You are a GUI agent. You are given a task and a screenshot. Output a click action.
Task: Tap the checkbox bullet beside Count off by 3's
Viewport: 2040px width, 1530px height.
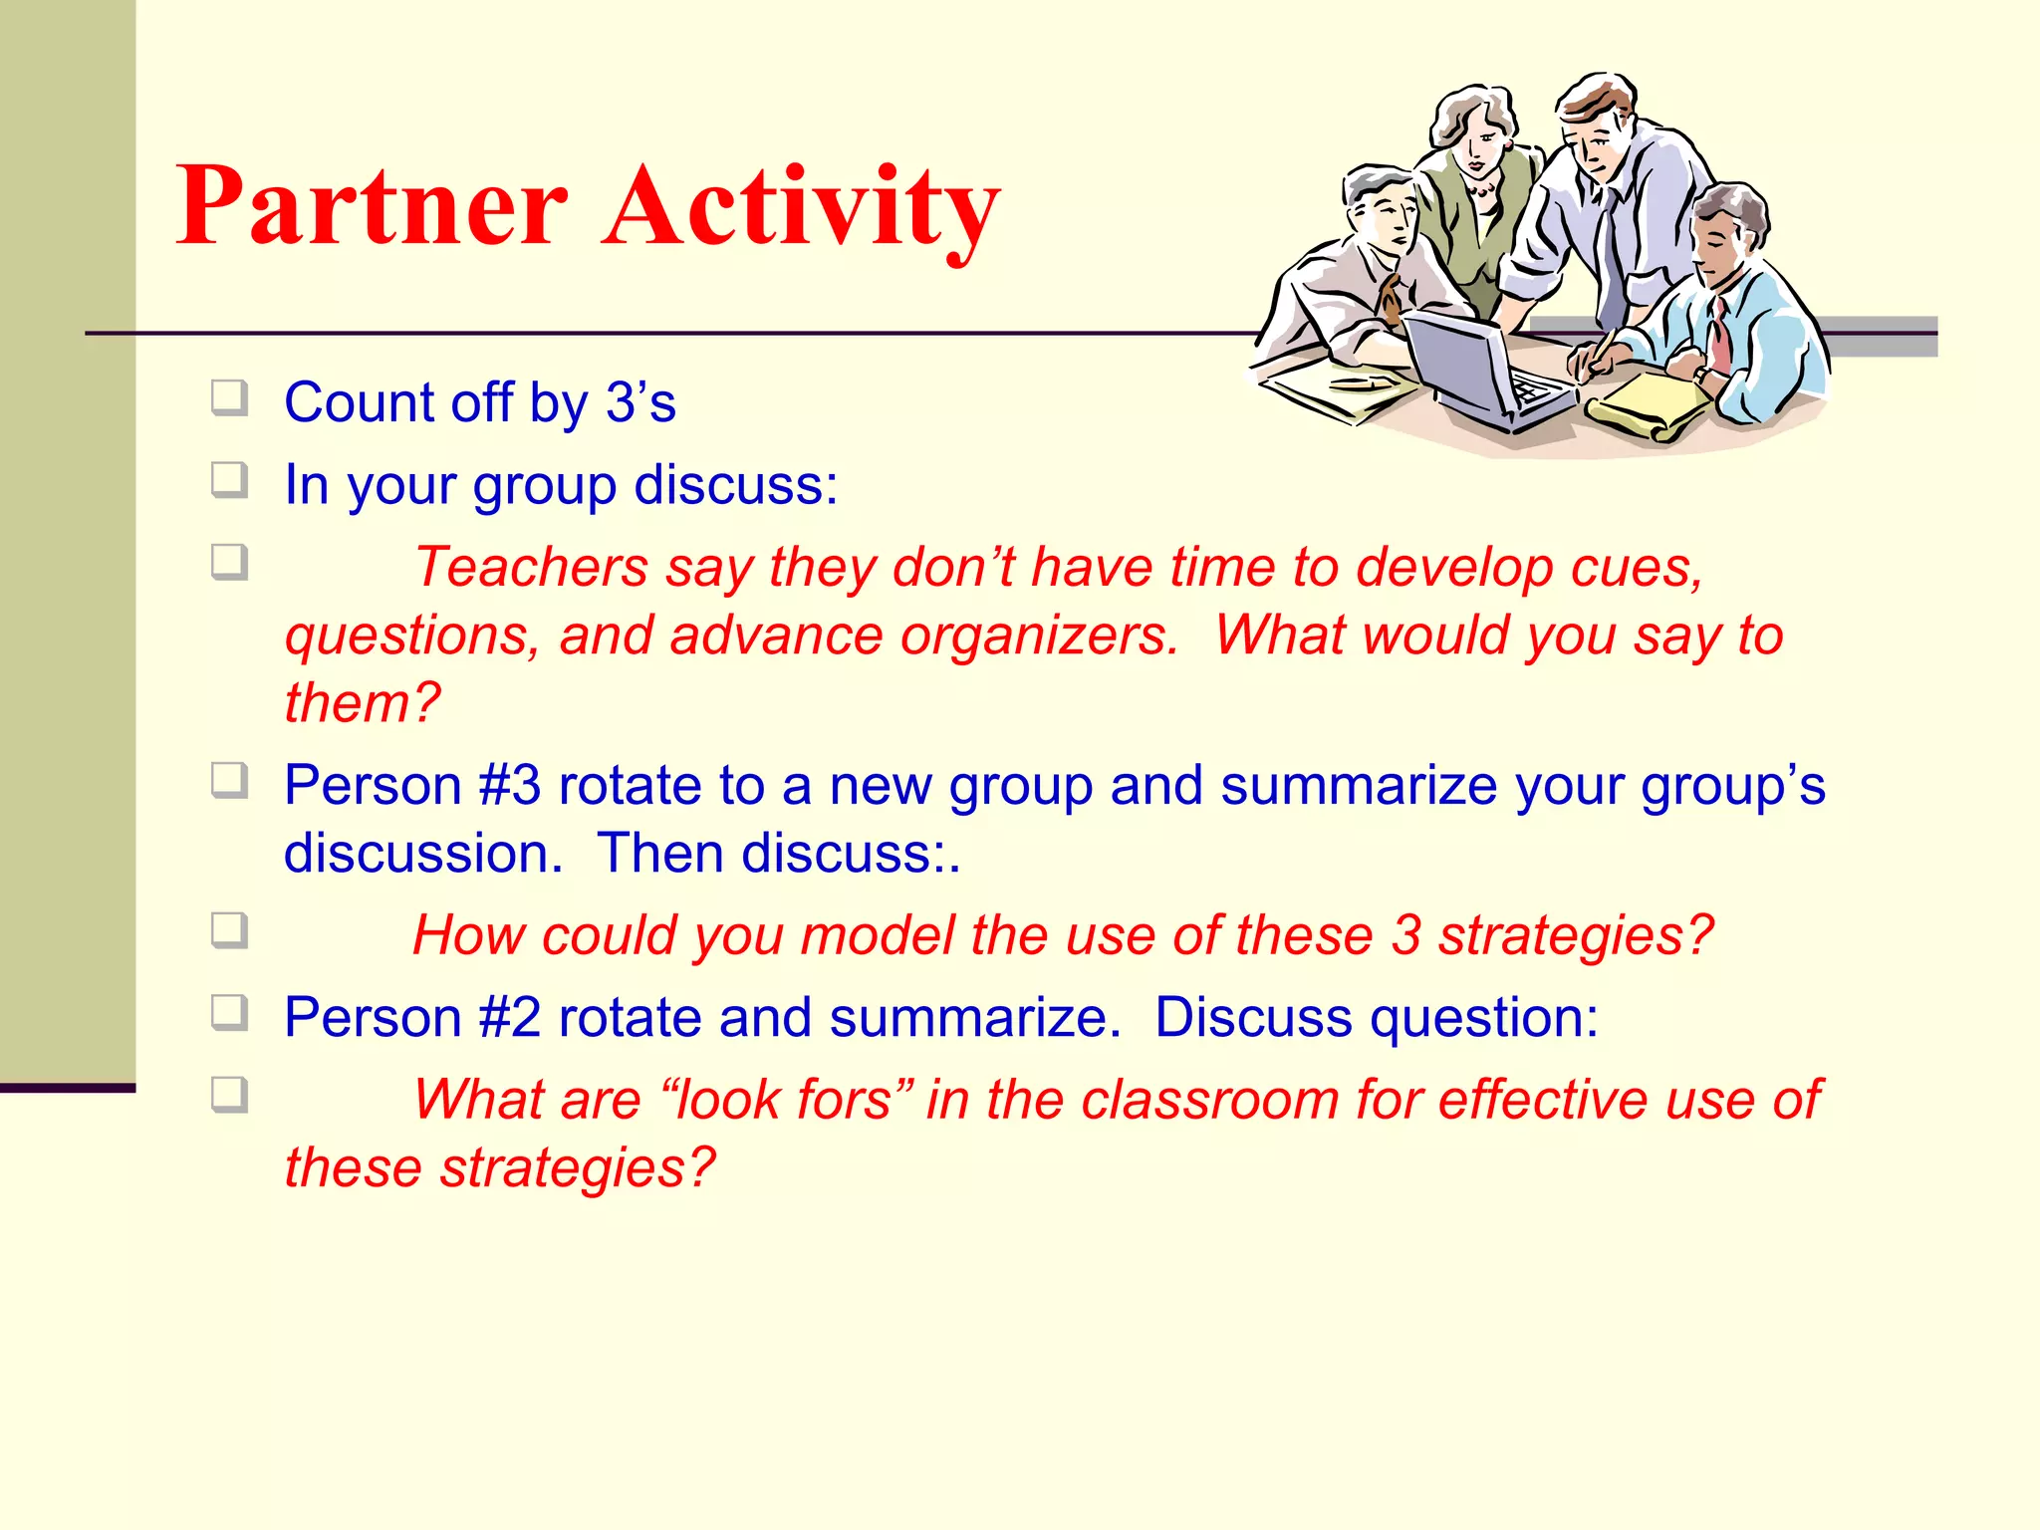tap(229, 399)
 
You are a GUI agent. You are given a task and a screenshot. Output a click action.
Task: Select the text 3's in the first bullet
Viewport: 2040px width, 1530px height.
tap(640, 402)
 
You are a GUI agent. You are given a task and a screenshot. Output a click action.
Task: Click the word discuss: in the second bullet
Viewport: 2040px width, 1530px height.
tap(736, 485)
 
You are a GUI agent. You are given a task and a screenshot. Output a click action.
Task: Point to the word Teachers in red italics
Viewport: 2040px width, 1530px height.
tap(530, 567)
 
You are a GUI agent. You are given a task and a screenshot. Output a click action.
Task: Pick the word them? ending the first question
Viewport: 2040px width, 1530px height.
tap(362, 703)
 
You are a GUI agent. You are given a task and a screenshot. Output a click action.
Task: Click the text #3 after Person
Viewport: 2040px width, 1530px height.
tap(509, 785)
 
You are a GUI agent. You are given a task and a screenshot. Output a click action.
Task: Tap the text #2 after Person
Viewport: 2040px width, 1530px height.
tap(509, 1018)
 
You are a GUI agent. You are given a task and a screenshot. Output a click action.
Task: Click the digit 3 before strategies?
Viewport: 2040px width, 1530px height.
tap(1405, 936)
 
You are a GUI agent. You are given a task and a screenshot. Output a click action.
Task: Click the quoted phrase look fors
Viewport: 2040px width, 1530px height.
tap(783, 1101)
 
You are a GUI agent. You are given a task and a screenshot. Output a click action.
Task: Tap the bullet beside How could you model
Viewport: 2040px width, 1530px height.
tap(229, 931)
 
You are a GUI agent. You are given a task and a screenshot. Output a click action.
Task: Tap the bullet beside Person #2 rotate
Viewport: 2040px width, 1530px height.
tap(229, 1014)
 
